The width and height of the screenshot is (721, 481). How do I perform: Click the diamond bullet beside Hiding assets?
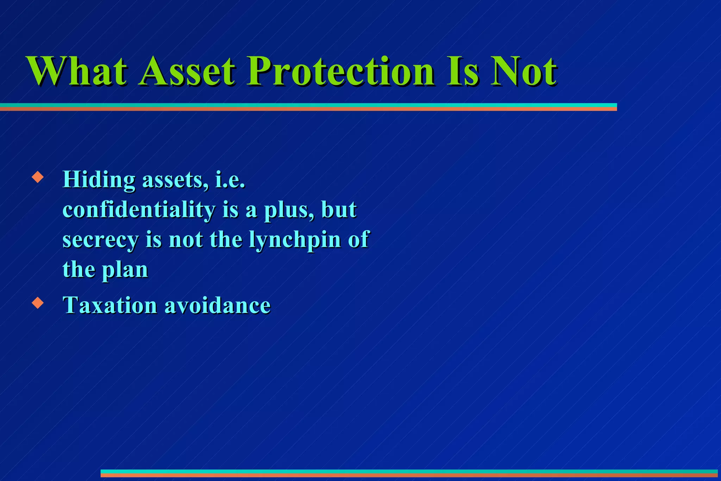(x=37, y=177)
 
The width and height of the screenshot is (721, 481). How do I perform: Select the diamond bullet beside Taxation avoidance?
(x=37, y=302)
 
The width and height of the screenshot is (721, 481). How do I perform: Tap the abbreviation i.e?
(x=230, y=180)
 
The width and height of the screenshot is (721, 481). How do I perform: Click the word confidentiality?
(x=139, y=210)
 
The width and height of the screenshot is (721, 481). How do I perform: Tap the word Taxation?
(x=109, y=305)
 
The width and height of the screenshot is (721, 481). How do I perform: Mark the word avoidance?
(x=218, y=305)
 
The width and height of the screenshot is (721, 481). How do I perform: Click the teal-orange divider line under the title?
(x=308, y=107)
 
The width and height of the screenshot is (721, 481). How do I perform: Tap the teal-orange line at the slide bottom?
(x=408, y=473)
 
